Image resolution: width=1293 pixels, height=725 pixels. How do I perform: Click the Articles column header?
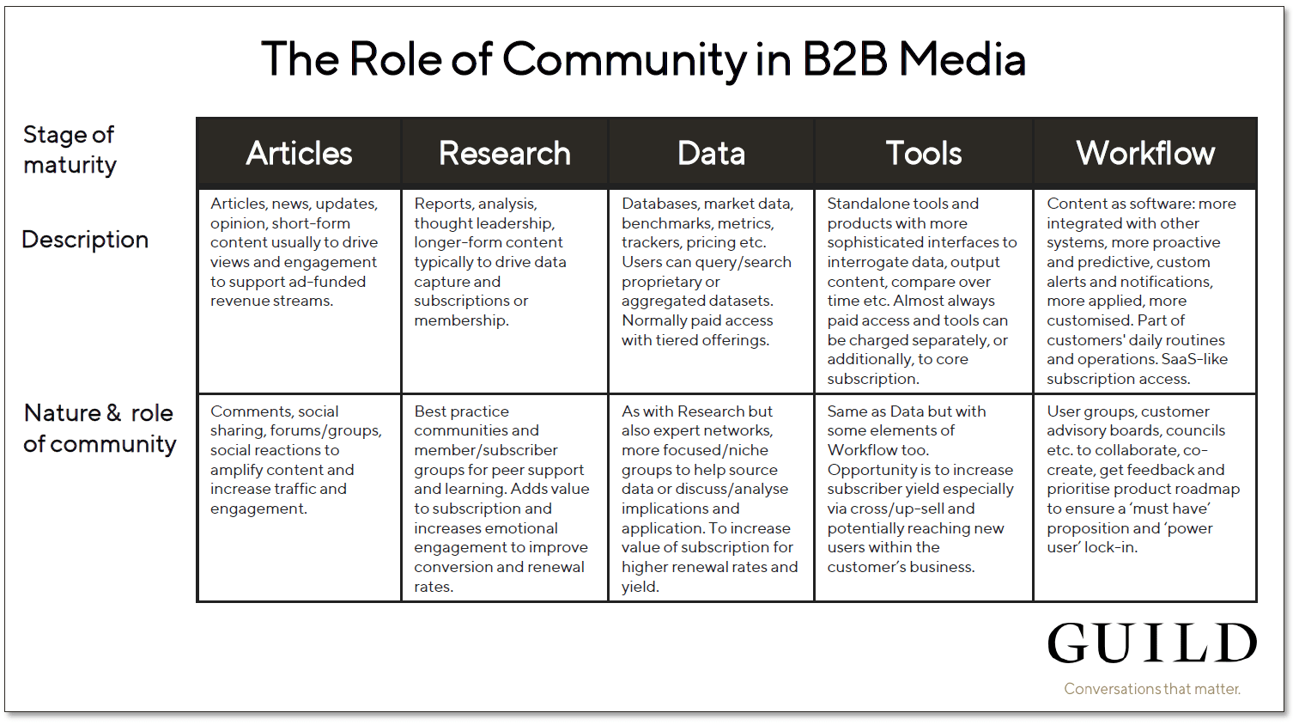(299, 153)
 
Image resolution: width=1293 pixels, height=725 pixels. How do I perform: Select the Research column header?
(505, 153)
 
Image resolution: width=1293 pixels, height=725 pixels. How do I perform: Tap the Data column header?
(711, 153)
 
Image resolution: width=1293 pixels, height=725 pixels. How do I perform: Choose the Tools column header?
(924, 153)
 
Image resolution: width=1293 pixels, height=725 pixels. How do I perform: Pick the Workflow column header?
(1145, 153)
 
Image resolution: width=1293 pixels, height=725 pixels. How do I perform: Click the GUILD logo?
(1152, 643)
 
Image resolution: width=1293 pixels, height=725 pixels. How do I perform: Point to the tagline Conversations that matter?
(1152, 689)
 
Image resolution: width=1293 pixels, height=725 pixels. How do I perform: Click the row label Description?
(85, 240)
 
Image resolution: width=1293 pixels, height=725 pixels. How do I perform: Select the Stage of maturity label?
(70, 149)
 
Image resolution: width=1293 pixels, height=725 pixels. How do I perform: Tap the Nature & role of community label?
(100, 429)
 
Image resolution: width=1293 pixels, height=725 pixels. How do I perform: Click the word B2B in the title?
(845, 59)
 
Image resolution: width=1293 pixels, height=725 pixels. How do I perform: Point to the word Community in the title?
(624, 60)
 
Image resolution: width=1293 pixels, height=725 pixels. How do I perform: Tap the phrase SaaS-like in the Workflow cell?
(1194, 359)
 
